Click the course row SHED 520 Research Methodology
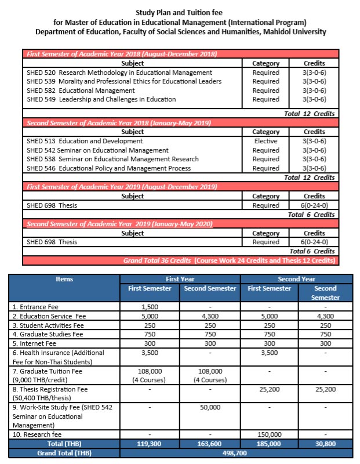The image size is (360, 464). tap(119, 72)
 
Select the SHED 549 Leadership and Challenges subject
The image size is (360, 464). tap(101, 99)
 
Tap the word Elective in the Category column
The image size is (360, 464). tap(266, 141)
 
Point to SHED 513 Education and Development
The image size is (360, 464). tap(85, 141)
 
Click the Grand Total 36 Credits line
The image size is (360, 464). tap(230, 260)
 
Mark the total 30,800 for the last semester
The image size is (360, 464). tap(325, 443)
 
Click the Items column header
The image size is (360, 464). tap(64, 279)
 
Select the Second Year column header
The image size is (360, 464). tap(296, 279)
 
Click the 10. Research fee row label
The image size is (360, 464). tap(39, 434)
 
